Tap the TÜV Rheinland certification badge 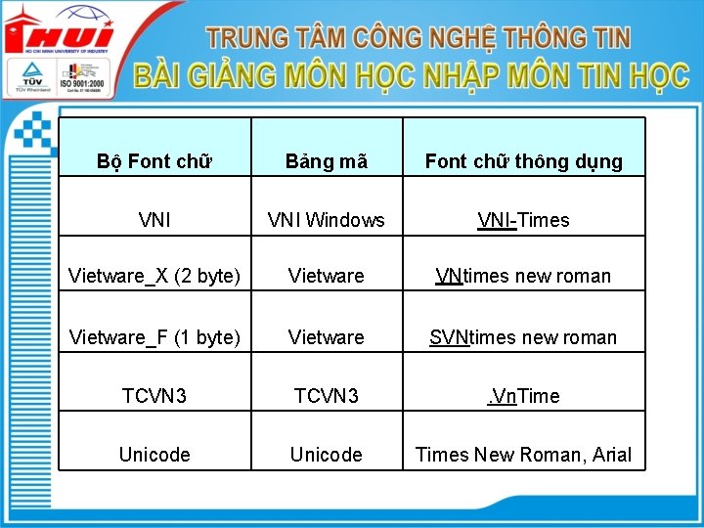pyautogui.click(x=31, y=78)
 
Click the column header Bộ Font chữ pyautogui.click(x=155, y=161)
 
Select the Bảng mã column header pyautogui.click(x=327, y=161)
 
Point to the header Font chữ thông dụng pyautogui.click(x=523, y=161)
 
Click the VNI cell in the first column pyautogui.click(x=155, y=220)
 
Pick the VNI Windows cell pyautogui.click(x=327, y=220)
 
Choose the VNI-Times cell pyautogui.click(x=523, y=220)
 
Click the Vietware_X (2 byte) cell pyautogui.click(x=154, y=276)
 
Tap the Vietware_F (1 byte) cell pyautogui.click(x=154, y=337)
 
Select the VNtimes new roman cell pyautogui.click(x=523, y=276)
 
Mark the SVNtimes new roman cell pyautogui.click(x=523, y=337)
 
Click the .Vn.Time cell pyautogui.click(x=523, y=396)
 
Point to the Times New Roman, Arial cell pyautogui.click(x=523, y=455)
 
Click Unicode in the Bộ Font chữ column pyautogui.click(x=154, y=455)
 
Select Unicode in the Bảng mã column pyautogui.click(x=327, y=455)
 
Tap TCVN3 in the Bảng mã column pyautogui.click(x=327, y=396)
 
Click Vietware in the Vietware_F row pyautogui.click(x=327, y=337)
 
